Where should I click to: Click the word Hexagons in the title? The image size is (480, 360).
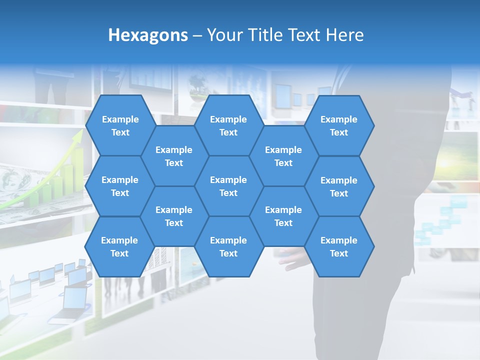click(x=148, y=35)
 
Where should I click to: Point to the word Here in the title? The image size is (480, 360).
click(x=344, y=35)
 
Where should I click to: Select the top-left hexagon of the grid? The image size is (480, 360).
click(x=120, y=125)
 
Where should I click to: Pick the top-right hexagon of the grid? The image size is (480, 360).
click(x=339, y=125)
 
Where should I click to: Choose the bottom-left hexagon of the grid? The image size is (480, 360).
click(x=119, y=246)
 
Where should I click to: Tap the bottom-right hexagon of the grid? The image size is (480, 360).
click(x=339, y=246)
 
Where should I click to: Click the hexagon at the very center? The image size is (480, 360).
click(x=228, y=186)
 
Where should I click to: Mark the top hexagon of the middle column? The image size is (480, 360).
click(x=228, y=125)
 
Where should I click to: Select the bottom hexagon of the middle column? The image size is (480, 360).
click(x=228, y=246)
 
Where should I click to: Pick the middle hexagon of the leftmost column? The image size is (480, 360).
click(x=120, y=186)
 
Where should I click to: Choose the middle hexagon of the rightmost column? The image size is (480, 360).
click(x=339, y=186)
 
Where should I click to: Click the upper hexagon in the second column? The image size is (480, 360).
click(x=174, y=156)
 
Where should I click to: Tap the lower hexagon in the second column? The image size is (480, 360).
click(x=174, y=216)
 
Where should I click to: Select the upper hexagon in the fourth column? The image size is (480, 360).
click(x=283, y=156)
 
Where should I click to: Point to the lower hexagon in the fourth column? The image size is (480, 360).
click(x=283, y=216)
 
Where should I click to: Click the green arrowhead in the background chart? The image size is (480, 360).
click(x=78, y=135)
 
